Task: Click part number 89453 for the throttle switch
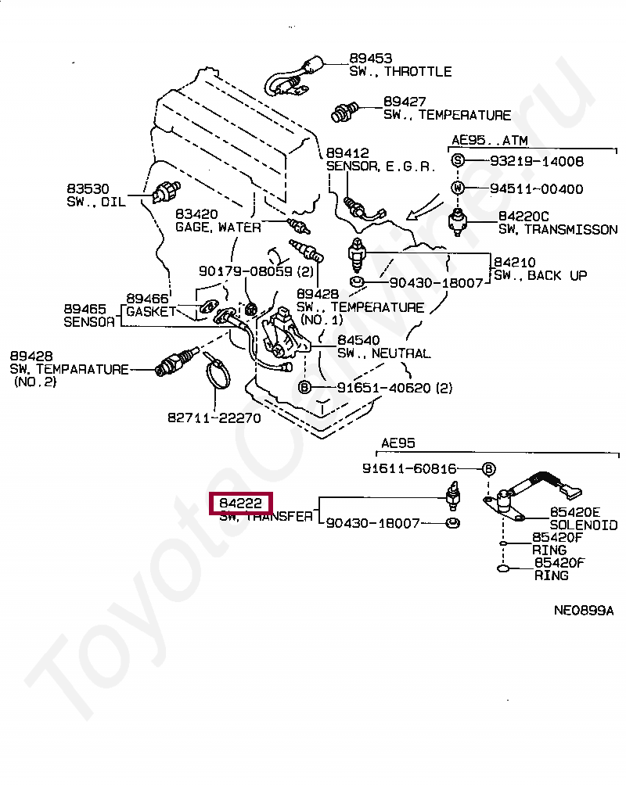pos(371,59)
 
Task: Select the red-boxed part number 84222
pos(240,504)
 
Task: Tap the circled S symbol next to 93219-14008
pos(458,162)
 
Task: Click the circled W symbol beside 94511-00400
pos(458,188)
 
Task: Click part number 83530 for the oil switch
pos(88,189)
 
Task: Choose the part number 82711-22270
pos(214,418)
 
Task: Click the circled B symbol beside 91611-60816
pos(487,469)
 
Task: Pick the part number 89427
pos(405,102)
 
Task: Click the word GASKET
pos(151,311)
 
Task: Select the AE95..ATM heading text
pos(489,141)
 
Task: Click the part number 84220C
pos(523,216)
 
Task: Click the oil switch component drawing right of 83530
pos(167,190)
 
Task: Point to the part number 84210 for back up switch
pos(513,262)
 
